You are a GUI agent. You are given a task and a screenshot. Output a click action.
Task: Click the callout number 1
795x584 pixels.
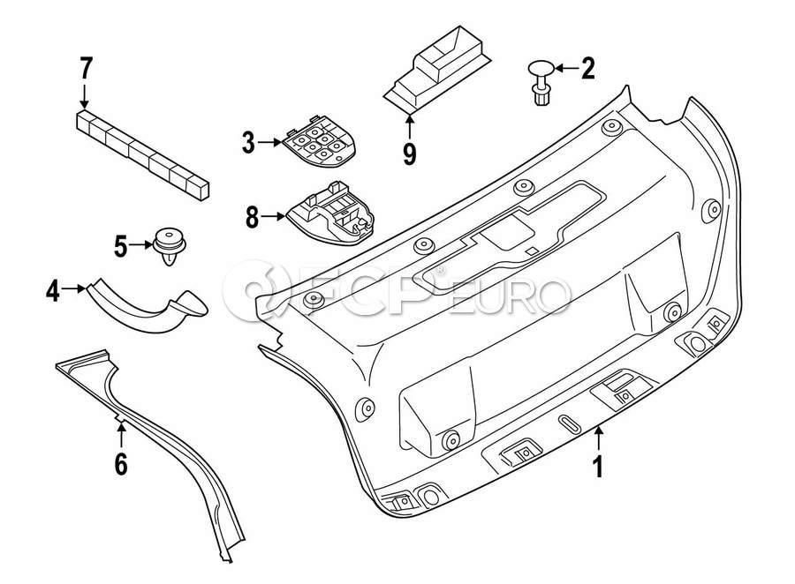pos(598,465)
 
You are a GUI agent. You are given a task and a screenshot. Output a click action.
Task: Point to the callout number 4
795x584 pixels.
pos(54,290)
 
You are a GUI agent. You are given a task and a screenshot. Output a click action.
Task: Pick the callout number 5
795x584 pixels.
pos(121,245)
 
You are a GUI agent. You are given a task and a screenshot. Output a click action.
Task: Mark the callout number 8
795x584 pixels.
pos(253,217)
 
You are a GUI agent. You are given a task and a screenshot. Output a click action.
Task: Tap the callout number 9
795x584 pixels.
pos(409,153)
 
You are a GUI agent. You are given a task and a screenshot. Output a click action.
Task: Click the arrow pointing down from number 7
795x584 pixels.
pos(85,94)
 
